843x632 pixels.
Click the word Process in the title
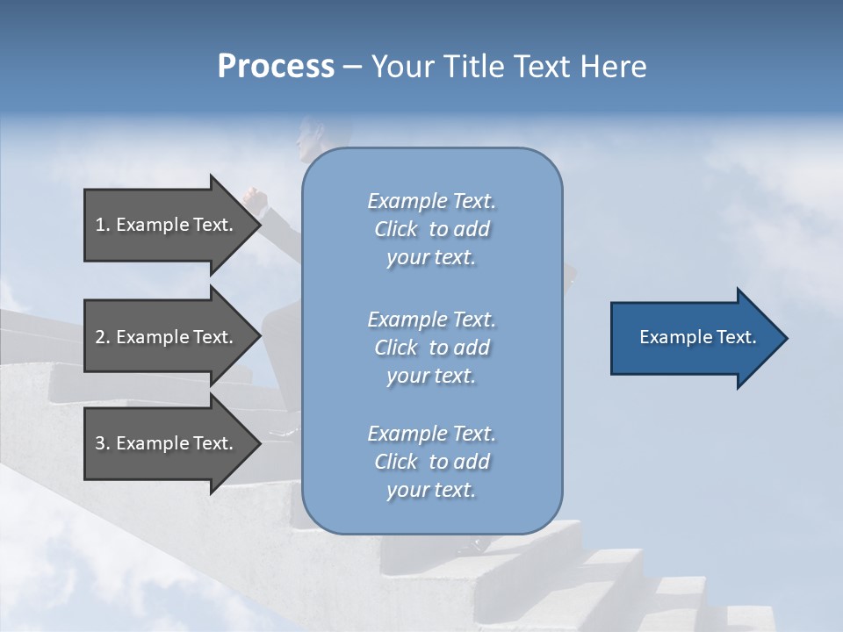coord(276,66)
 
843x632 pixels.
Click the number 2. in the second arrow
coord(103,337)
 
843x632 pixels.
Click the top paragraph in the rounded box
coord(431,229)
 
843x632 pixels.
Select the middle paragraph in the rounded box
coord(431,348)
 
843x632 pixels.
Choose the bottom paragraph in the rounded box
coord(431,462)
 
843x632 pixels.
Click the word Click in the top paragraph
coord(396,229)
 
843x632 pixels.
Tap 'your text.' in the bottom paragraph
coord(431,490)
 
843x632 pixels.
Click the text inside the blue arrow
coord(698,337)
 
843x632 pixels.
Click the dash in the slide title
coord(353,67)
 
